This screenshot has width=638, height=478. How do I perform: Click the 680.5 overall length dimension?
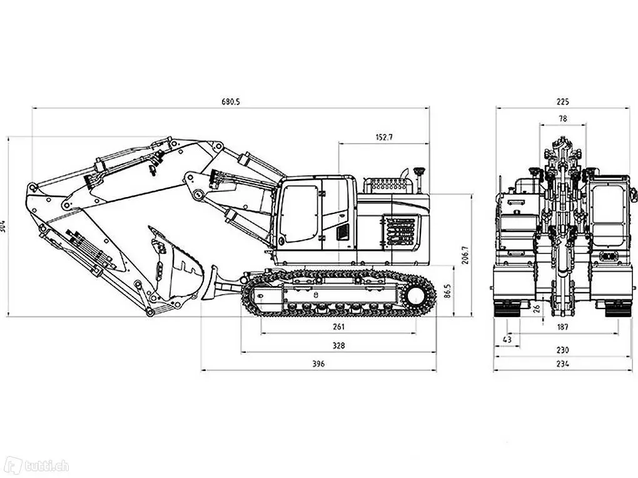point(230,102)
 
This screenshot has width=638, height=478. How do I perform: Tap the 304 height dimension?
point(3,226)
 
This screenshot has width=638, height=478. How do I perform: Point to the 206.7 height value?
point(465,255)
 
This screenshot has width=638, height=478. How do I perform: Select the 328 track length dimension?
point(338,345)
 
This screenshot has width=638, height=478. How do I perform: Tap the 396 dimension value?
point(318,364)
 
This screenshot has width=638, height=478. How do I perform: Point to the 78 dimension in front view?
point(562,118)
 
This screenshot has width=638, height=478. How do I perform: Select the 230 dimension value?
point(562,351)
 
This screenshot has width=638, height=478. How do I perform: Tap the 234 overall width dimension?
point(562,364)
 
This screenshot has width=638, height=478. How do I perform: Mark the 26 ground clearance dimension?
point(537,308)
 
